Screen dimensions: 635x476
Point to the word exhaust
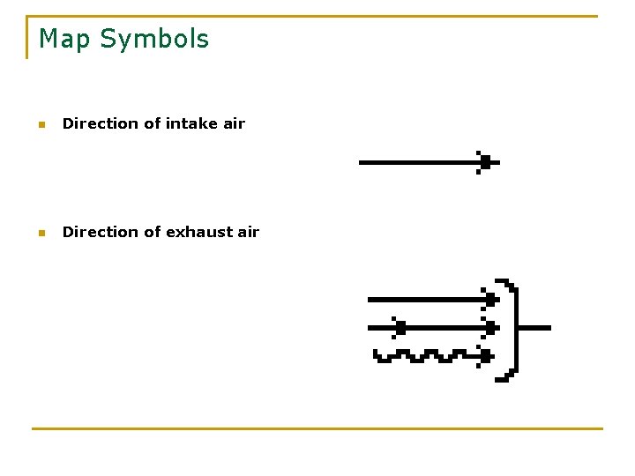(198, 232)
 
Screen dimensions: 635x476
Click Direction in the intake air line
(100, 123)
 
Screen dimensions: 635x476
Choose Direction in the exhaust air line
(100, 232)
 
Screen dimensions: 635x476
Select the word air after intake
(234, 123)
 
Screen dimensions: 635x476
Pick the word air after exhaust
(249, 232)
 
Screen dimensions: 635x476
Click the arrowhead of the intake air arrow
(483, 162)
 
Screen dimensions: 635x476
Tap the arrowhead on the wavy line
(484, 355)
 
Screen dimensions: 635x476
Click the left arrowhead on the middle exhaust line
(400, 327)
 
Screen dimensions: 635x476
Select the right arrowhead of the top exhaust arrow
(489, 300)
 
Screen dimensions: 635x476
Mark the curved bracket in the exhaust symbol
(515, 330)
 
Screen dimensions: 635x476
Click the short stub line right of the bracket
(535, 327)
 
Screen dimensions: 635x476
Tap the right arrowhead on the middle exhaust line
(489, 327)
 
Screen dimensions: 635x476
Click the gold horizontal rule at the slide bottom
(317, 428)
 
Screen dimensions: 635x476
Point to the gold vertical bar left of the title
(27, 37)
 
